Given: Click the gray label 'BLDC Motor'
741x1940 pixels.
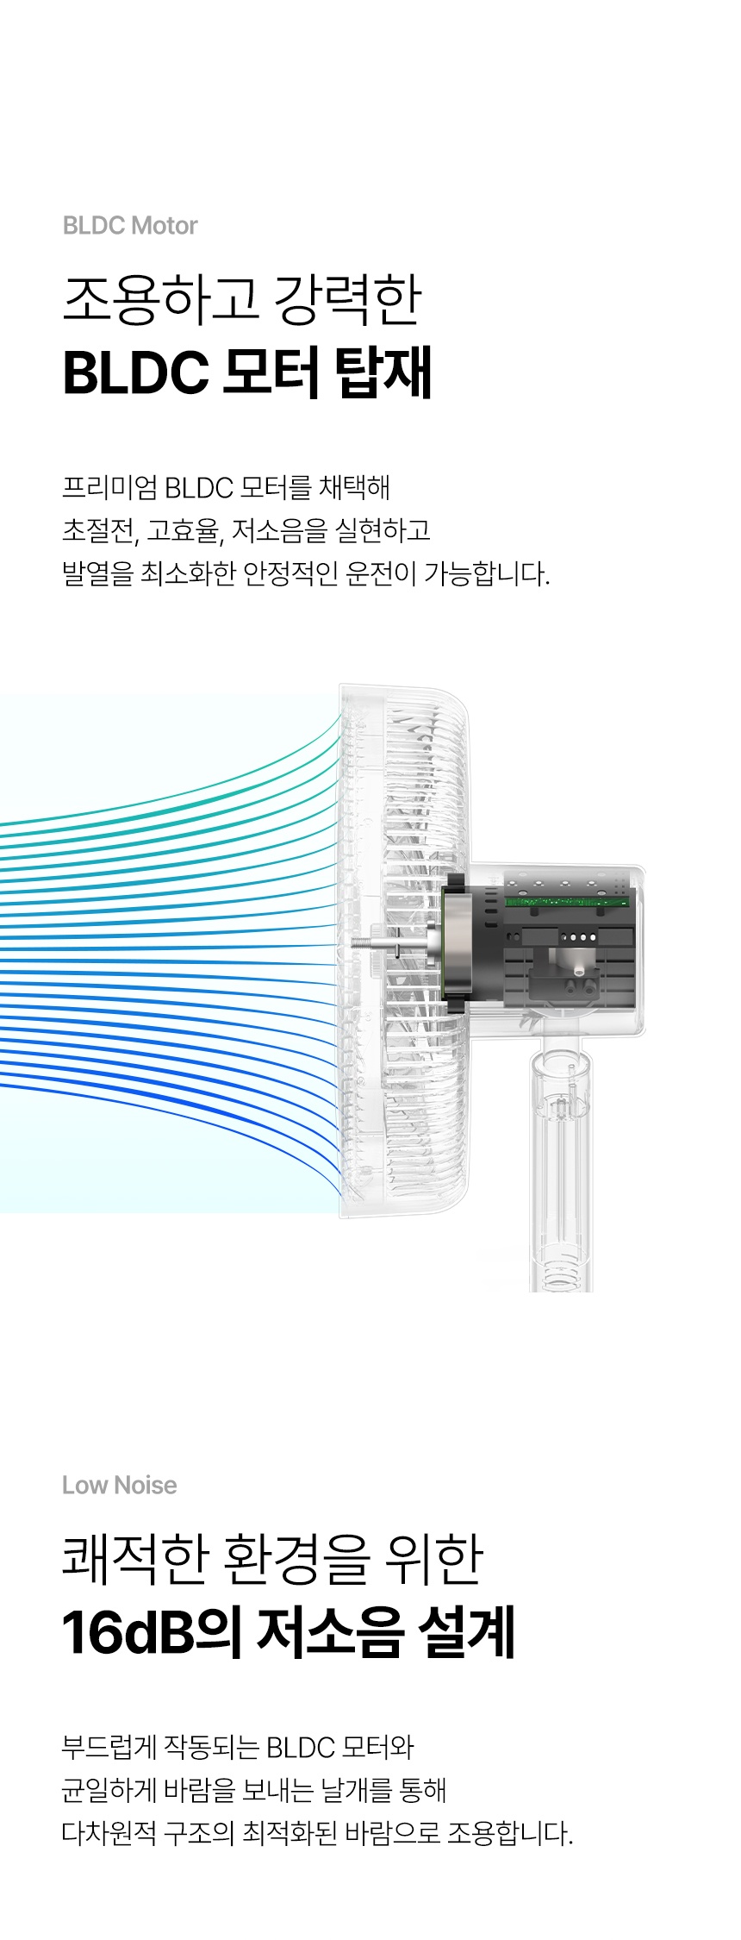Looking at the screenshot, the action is (x=130, y=226).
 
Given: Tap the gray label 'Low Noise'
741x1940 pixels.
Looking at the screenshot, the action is (x=120, y=1485).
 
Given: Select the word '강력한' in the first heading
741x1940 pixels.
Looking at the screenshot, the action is (x=347, y=299).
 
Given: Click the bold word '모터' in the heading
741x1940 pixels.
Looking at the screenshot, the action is (x=271, y=372).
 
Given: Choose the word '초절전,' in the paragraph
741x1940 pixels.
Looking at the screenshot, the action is (x=100, y=530).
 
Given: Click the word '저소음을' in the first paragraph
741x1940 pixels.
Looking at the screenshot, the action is (x=280, y=530).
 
